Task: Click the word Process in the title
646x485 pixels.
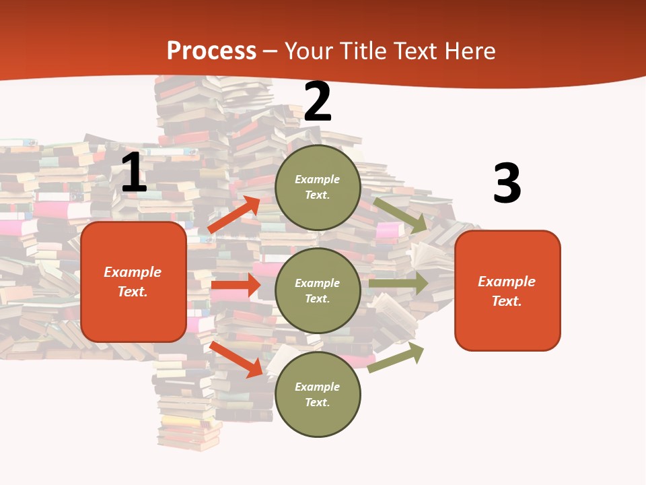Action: (211, 51)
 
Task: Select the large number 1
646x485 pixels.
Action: (133, 172)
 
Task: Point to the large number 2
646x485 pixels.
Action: (318, 102)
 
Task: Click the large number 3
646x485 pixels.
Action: (507, 183)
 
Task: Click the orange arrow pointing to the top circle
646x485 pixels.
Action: (234, 215)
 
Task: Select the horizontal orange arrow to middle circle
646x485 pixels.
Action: (236, 285)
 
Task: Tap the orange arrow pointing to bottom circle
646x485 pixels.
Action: (236, 358)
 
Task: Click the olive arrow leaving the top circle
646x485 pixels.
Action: (400, 215)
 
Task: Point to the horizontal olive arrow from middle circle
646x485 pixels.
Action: (398, 283)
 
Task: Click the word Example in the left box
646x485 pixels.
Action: (133, 272)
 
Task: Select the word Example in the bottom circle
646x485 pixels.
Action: (317, 387)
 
